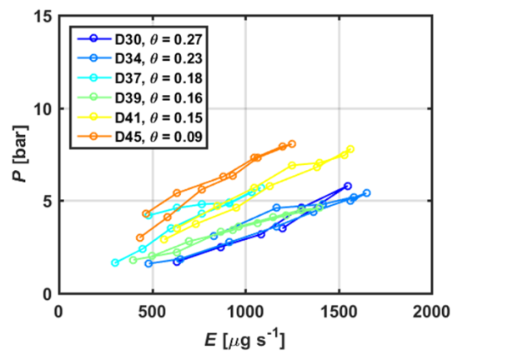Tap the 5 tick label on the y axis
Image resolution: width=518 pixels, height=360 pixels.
click(x=47, y=202)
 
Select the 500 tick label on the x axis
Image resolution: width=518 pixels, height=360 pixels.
click(x=152, y=311)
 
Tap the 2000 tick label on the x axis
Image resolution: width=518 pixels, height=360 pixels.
click(x=432, y=311)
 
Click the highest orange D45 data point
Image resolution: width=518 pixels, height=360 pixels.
click(x=291, y=144)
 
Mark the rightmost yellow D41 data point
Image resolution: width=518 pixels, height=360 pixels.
click(x=350, y=149)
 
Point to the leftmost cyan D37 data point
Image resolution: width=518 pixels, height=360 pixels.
click(x=115, y=262)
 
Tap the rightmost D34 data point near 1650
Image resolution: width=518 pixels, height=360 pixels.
click(x=366, y=192)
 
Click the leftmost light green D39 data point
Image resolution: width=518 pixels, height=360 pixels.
click(x=133, y=260)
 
